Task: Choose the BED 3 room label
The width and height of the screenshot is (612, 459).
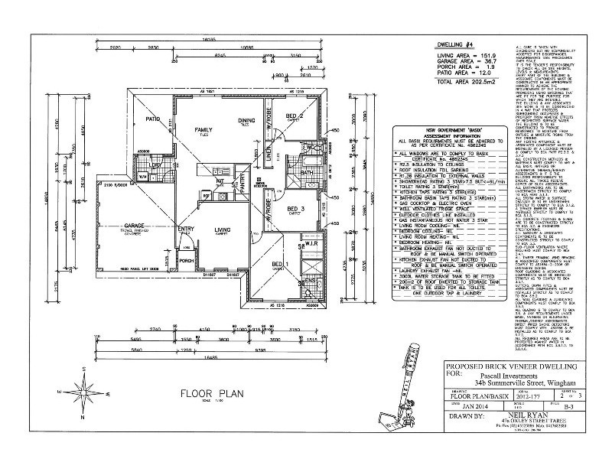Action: coord(296,208)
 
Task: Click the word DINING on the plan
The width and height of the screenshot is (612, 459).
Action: coord(246,120)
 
